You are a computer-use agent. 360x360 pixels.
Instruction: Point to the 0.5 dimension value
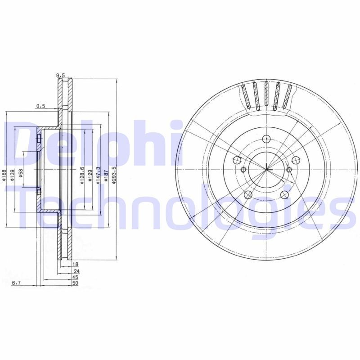coord(41,106)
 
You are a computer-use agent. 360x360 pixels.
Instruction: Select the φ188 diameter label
coord(4,175)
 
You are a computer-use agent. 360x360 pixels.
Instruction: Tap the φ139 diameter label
coord(13,175)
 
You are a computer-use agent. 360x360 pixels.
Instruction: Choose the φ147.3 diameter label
coord(99,175)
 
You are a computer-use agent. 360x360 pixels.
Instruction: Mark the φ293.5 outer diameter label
coord(114,175)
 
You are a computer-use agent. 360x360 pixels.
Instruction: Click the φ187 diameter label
coord(106,175)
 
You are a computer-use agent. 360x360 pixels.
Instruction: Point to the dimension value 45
coord(75,277)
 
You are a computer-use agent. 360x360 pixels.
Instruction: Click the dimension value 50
coord(75,283)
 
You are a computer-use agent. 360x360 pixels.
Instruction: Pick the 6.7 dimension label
coord(16,283)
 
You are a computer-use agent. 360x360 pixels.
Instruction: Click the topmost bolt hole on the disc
coord(266,139)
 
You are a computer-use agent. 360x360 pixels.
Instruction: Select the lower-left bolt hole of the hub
coord(247,194)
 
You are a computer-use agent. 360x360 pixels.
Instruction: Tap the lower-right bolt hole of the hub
coord(284,194)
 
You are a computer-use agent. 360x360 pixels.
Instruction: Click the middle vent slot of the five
coord(266,95)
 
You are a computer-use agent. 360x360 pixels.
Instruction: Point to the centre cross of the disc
coord(266,170)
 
